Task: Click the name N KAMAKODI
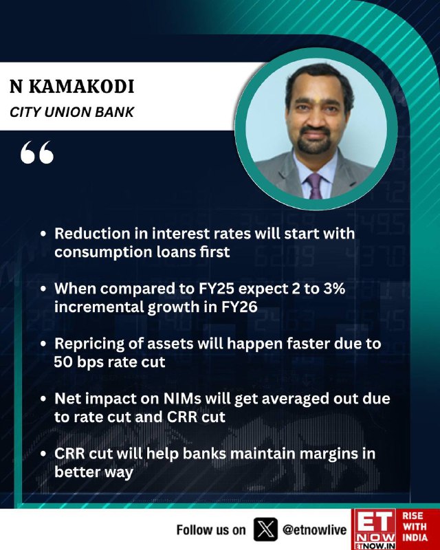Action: tap(72, 87)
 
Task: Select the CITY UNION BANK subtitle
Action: tap(72, 112)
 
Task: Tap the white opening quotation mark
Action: tap(37, 152)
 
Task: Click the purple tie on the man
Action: tap(315, 186)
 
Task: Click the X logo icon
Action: tap(265, 529)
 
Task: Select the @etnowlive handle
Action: tap(314, 529)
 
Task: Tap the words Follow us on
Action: tap(211, 529)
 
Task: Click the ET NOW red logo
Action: tap(374, 529)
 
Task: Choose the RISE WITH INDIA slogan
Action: tap(415, 527)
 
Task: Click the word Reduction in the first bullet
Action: tap(92, 234)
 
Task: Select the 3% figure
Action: tap(333, 289)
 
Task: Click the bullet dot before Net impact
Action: tap(43, 399)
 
